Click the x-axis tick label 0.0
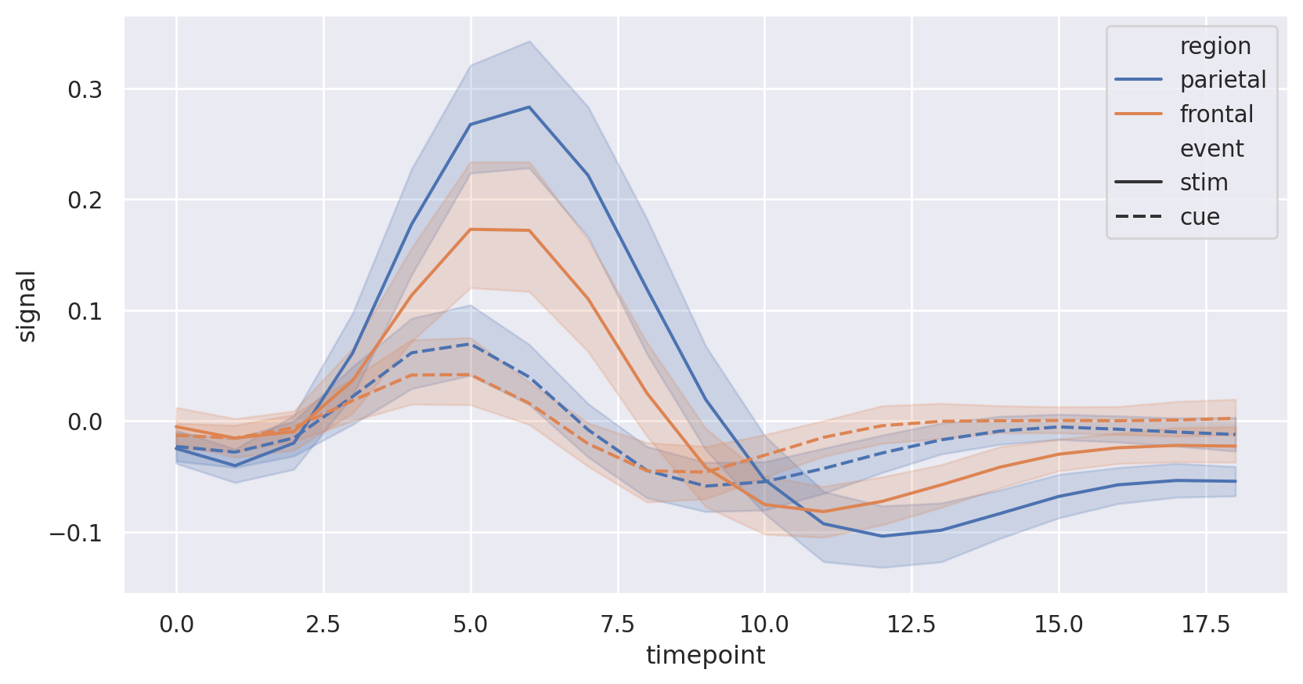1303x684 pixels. (x=176, y=624)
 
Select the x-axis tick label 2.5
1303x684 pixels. (x=323, y=624)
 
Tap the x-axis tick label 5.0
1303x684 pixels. (x=470, y=624)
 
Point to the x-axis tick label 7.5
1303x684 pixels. (x=617, y=624)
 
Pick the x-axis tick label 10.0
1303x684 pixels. (x=764, y=624)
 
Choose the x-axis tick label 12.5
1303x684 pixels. (x=911, y=624)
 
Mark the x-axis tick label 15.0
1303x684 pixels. (x=1059, y=624)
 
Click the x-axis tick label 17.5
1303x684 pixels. (x=1206, y=624)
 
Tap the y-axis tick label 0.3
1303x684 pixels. (x=85, y=90)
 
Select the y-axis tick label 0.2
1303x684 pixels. (x=85, y=201)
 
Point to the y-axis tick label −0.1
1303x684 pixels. (x=75, y=534)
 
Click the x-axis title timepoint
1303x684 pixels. (x=706, y=655)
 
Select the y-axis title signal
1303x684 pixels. (x=27, y=306)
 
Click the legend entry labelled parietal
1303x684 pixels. (x=1222, y=80)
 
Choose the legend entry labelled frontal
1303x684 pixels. (x=1216, y=114)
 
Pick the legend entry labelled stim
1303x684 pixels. (x=1204, y=183)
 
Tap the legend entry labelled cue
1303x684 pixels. (x=1200, y=217)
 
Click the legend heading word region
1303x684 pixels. (x=1215, y=46)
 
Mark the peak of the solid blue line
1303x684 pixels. (x=529, y=107)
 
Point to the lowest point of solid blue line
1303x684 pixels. (x=883, y=536)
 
